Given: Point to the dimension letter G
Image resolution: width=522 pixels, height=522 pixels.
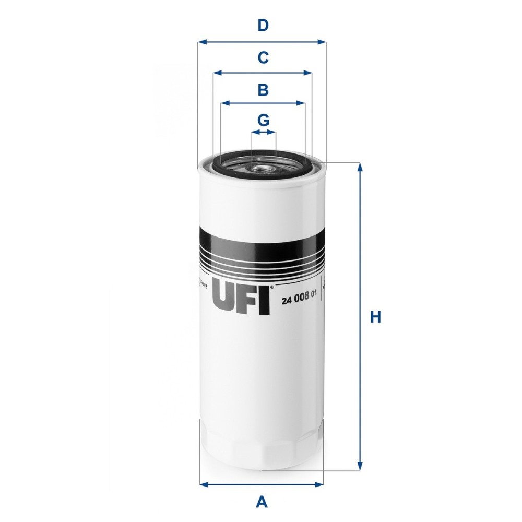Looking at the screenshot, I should [x=264, y=121].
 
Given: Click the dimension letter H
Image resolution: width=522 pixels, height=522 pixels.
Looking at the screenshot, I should [x=375, y=317].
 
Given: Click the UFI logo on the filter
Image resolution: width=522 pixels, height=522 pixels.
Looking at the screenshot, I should [x=241, y=299].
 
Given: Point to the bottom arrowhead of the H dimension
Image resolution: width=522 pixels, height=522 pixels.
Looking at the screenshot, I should [x=359, y=467].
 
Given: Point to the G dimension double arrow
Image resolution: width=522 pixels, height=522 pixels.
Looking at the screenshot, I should [x=263, y=133].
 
